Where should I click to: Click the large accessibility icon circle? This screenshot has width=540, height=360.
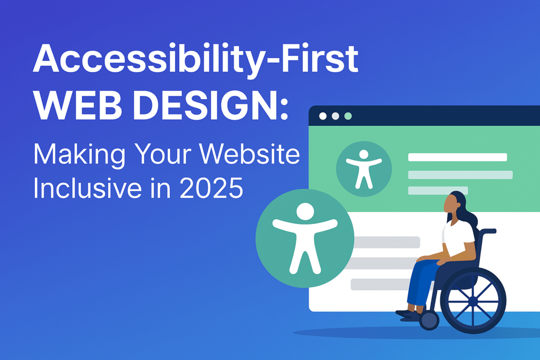point(304,238)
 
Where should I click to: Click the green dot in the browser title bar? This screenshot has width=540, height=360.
point(348,116)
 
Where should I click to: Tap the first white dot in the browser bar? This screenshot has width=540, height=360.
point(323,116)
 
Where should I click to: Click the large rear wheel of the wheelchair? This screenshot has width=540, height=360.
point(473,300)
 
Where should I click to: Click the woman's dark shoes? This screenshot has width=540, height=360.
point(409,314)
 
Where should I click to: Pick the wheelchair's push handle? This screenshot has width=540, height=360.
point(489,230)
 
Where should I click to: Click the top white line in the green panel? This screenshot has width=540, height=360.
point(457,157)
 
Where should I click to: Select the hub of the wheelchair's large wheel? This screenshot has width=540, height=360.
point(473,301)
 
